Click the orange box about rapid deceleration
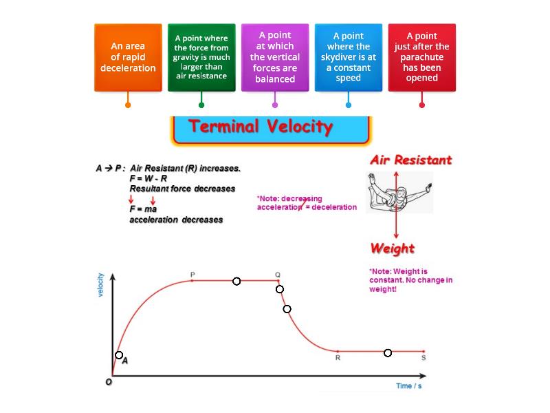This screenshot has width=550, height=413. (128, 58)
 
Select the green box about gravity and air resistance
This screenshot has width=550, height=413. (201, 58)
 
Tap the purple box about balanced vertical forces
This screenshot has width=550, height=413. (275, 58)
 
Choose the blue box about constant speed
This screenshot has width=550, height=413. (349, 58)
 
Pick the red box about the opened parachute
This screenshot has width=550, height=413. (422, 58)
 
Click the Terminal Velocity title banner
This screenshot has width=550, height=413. (271, 130)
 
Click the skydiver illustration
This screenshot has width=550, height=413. (399, 193)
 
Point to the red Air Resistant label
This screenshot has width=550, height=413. (410, 160)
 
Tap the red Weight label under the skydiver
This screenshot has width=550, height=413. (393, 248)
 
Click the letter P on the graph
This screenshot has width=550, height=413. (192, 274)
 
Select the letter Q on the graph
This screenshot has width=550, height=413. (278, 275)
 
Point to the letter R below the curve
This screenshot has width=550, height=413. (338, 358)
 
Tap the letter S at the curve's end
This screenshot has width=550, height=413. (423, 358)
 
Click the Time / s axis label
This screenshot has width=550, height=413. (409, 386)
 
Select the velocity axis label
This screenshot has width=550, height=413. (100, 285)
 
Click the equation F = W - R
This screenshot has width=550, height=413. (148, 178)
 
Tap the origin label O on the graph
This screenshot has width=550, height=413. (109, 382)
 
